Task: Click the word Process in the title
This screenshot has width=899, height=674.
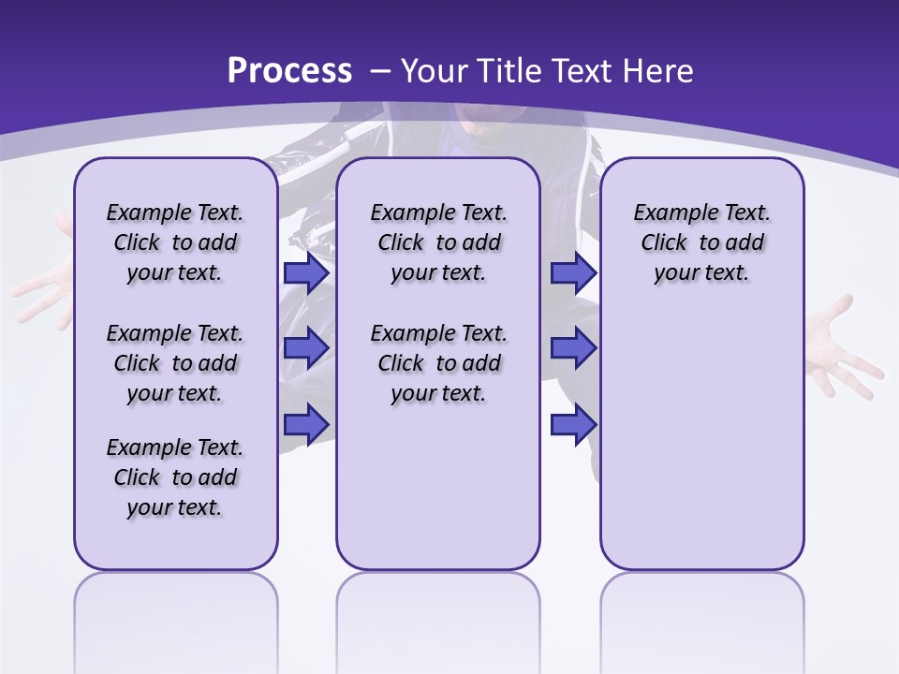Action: tap(289, 70)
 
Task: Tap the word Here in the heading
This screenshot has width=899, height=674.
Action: tap(658, 70)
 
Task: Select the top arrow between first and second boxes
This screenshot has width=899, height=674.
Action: tap(306, 272)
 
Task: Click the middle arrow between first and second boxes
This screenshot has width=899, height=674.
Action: tap(306, 348)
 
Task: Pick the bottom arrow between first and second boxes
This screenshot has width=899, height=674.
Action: tap(306, 423)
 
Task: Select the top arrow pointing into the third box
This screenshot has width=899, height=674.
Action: tap(573, 272)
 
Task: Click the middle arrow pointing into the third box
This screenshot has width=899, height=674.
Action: tap(573, 348)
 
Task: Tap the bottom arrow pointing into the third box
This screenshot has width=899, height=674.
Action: tap(573, 423)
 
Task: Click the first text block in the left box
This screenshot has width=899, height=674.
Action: tap(175, 242)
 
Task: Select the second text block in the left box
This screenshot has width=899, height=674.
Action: tap(175, 363)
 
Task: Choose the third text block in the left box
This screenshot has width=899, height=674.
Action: tap(175, 477)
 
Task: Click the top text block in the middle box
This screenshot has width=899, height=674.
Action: tap(438, 242)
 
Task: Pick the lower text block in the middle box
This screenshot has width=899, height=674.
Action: tap(438, 363)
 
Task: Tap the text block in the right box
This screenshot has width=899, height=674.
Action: tap(701, 242)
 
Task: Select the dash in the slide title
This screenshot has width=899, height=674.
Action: tap(379, 71)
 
